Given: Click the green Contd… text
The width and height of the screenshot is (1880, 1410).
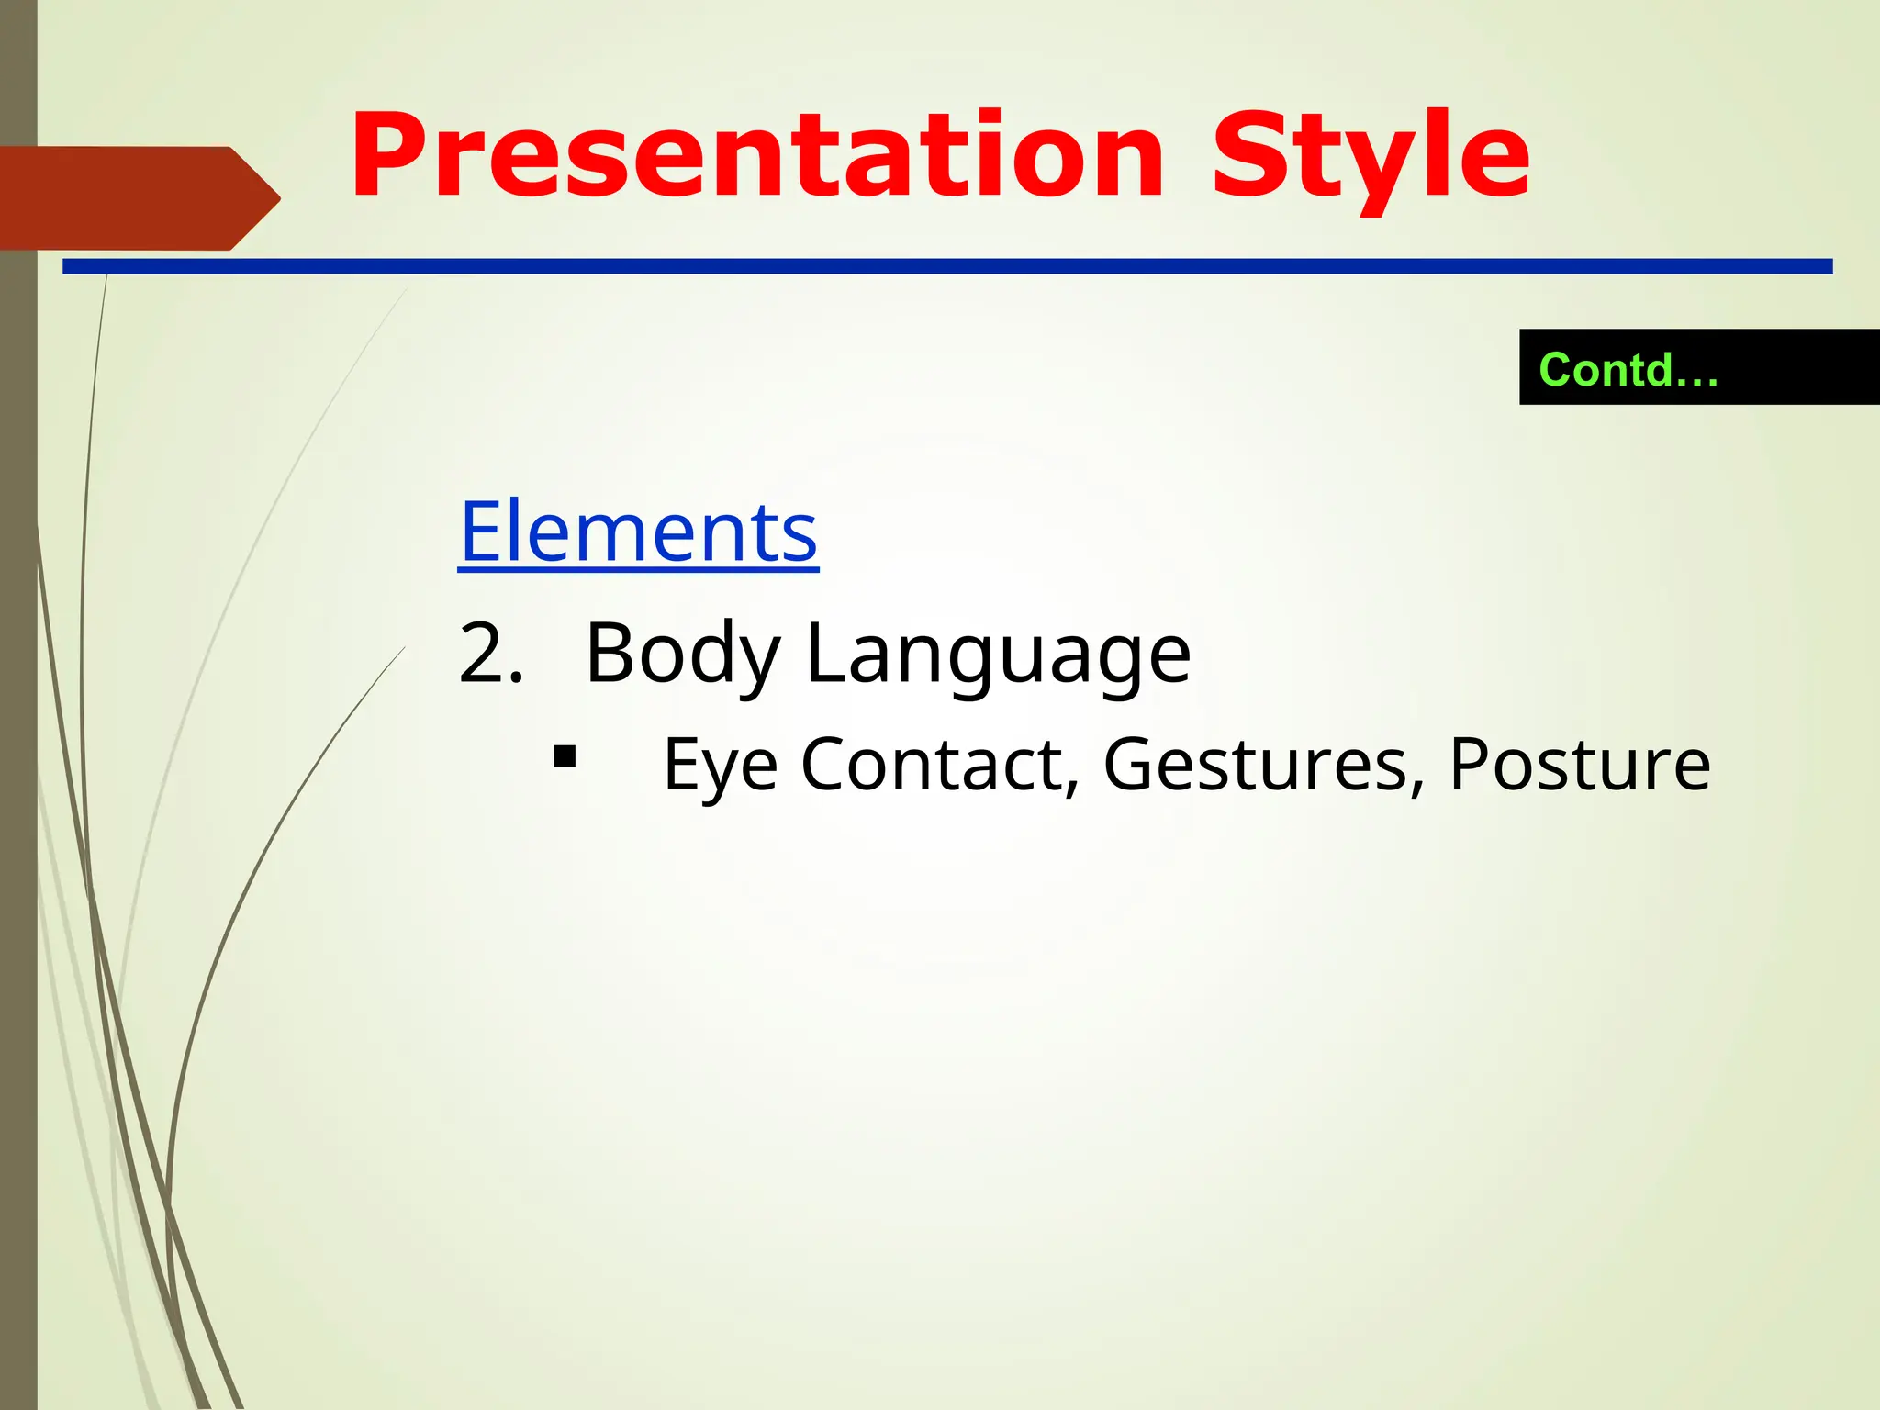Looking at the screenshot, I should tap(1628, 370).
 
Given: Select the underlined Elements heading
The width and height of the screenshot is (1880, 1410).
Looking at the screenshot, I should tap(638, 532).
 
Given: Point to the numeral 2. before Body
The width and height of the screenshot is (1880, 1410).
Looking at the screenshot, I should tap(491, 654).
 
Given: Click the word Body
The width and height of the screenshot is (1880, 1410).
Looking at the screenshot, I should tap(682, 654).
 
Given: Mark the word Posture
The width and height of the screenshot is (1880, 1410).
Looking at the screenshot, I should tap(1579, 765).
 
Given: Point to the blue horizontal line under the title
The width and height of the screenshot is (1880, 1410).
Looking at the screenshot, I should tap(946, 266).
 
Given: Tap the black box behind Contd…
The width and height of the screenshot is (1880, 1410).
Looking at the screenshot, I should tap(1799, 367).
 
